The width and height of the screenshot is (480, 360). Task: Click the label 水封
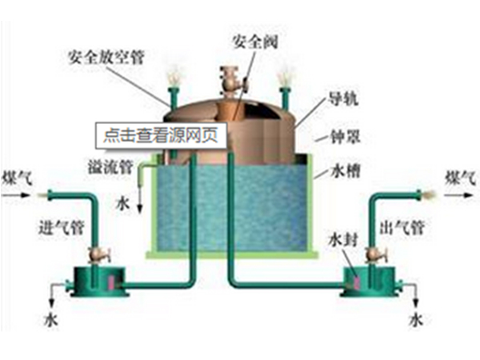pos(345,240)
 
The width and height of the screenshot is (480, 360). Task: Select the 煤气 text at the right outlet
pos(461,176)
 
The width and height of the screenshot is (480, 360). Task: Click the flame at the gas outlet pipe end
pos(426,194)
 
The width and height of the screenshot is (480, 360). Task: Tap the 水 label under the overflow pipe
pos(122,202)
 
